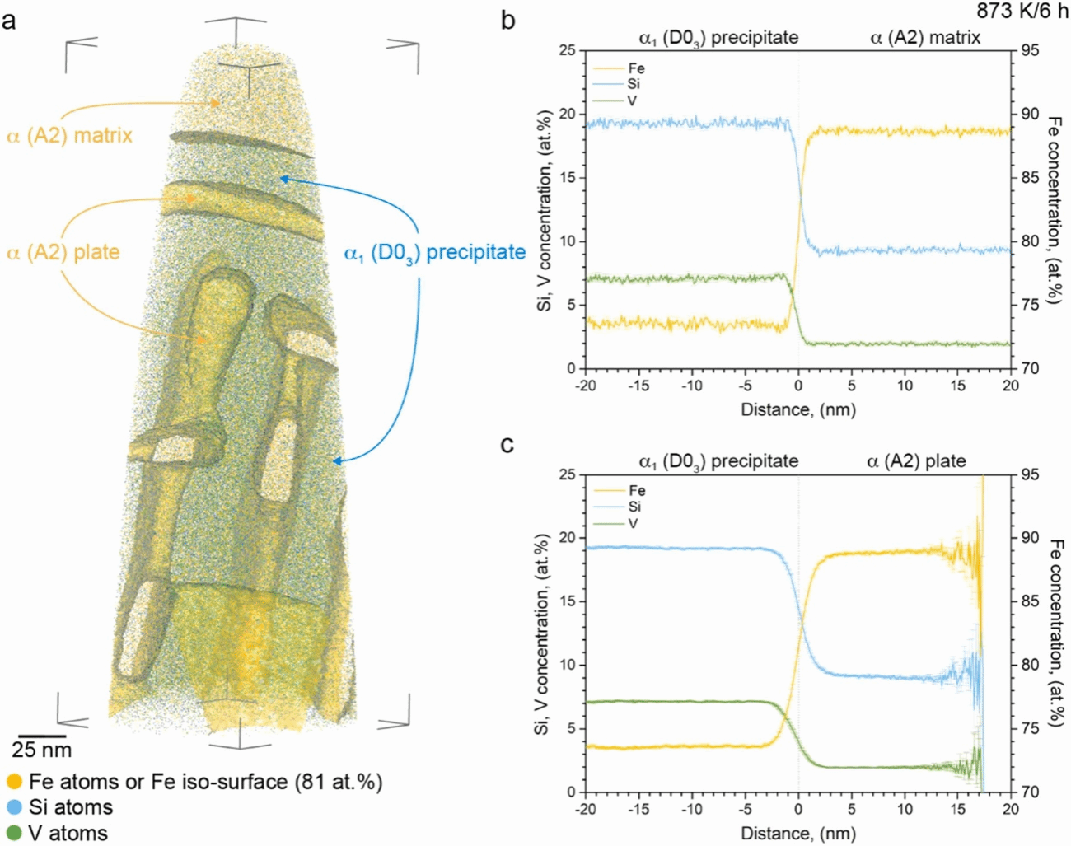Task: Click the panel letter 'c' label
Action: (x=507, y=445)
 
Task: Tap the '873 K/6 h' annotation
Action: (x=1022, y=12)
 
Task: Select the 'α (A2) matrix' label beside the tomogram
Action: (x=70, y=135)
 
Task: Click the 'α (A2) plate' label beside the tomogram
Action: (x=63, y=252)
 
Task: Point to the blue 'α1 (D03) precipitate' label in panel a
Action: (x=434, y=252)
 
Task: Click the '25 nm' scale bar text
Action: (x=41, y=750)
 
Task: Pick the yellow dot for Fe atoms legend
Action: (x=14, y=782)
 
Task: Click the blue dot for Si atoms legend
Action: (x=14, y=807)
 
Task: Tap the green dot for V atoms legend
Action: (x=14, y=834)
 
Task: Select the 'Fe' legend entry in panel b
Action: (x=636, y=68)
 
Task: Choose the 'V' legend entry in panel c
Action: (x=633, y=523)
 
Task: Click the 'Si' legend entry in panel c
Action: (x=634, y=507)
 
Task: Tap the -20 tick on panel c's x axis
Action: (x=586, y=809)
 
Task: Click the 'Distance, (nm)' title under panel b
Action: (x=797, y=409)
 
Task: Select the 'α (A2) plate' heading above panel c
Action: (x=916, y=461)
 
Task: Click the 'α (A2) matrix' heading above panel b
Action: (x=925, y=37)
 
